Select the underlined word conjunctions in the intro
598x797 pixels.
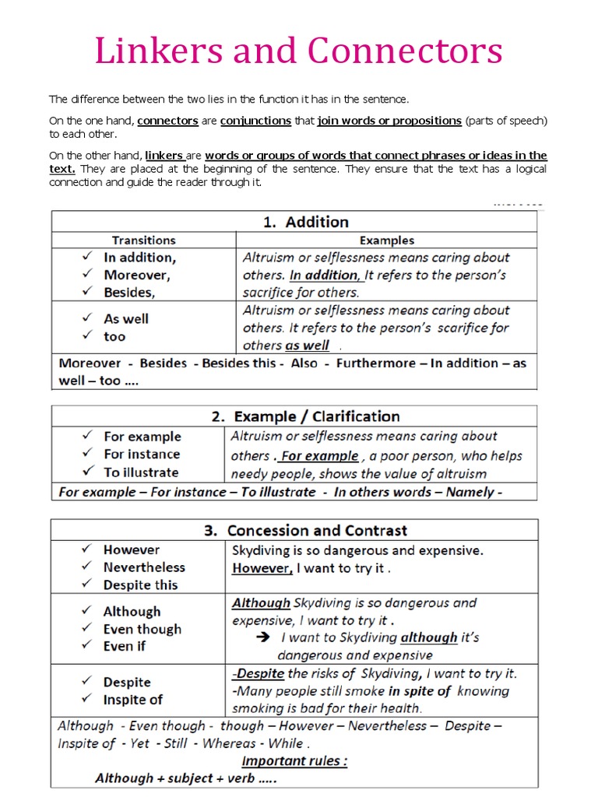click(255, 121)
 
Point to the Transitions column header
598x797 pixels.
click(143, 241)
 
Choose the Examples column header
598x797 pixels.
click(386, 241)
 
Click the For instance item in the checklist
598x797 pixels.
click(141, 454)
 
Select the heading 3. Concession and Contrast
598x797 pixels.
click(305, 531)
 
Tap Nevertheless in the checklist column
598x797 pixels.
click(144, 567)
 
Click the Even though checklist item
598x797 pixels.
click(142, 629)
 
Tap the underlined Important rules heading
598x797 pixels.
click(294, 761)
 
